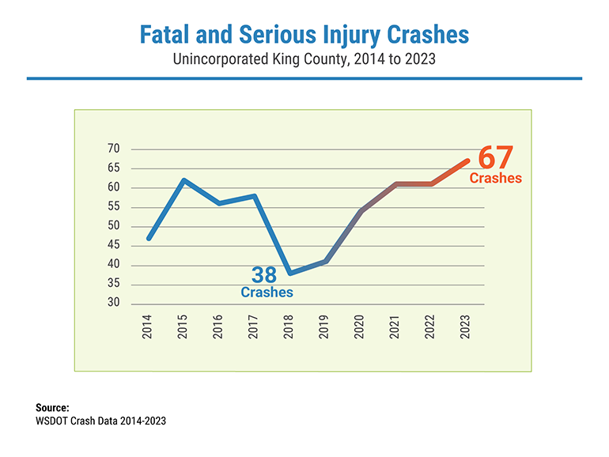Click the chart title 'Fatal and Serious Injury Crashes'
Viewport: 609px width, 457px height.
304,35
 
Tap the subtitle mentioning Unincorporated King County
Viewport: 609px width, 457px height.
304,59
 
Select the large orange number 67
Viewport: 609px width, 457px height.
495,157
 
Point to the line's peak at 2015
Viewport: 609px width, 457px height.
183,180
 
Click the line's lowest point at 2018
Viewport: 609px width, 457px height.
290,274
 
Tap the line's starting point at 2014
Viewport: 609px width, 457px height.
148,239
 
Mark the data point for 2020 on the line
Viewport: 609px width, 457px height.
361,211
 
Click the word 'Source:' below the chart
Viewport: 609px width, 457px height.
53,408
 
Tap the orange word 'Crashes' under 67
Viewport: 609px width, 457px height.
496,179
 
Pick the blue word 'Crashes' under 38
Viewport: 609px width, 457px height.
267,292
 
